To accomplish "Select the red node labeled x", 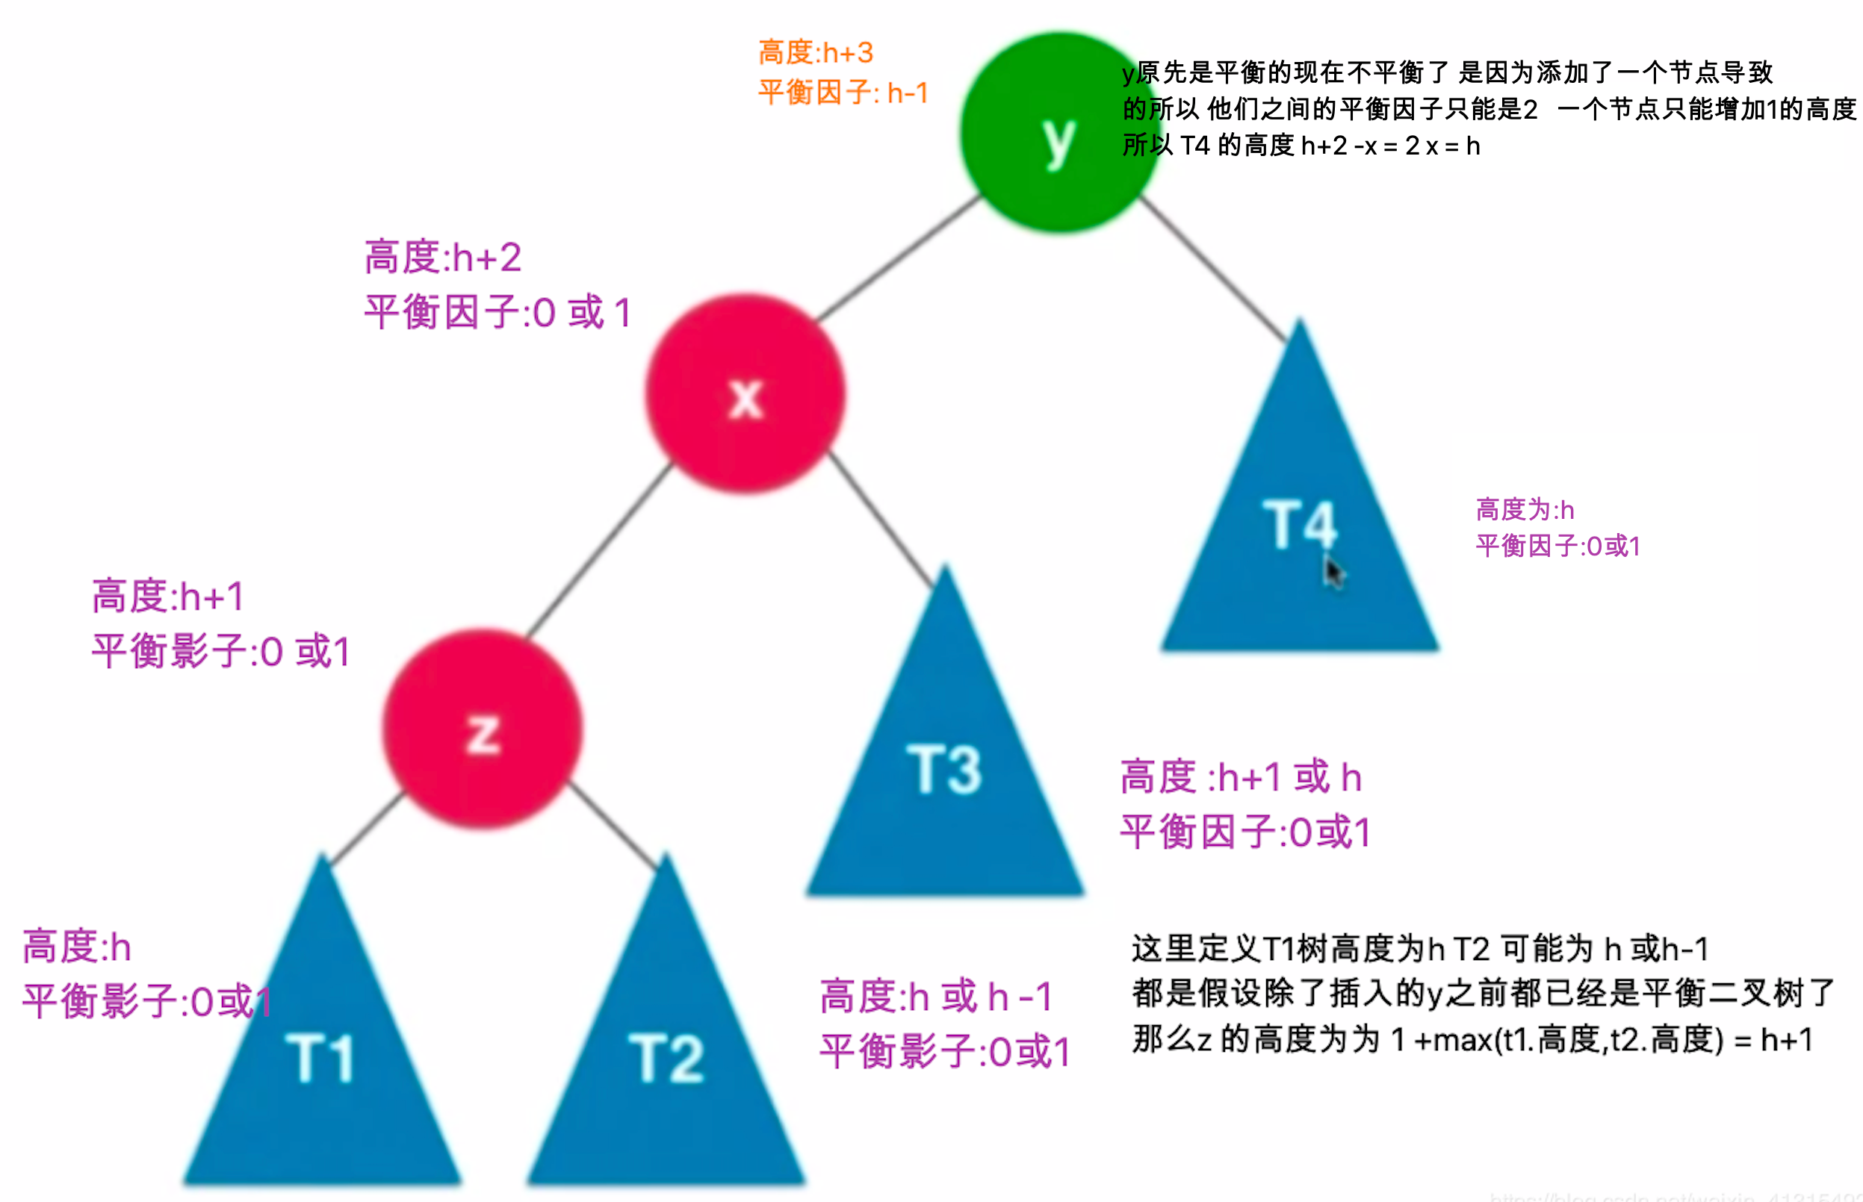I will tap(745, 394).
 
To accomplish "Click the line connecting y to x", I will tap(898, 258).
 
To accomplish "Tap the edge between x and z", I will tap(600, 550).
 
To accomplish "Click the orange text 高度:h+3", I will tap(816, 53).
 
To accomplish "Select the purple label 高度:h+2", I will tap(443, 258).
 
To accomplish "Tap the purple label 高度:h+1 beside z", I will tap(168, 597).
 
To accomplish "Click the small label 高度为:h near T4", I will tap(1524, 510).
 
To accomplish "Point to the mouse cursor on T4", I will tap(1332, 571).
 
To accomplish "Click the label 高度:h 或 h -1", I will tap(935, 997).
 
